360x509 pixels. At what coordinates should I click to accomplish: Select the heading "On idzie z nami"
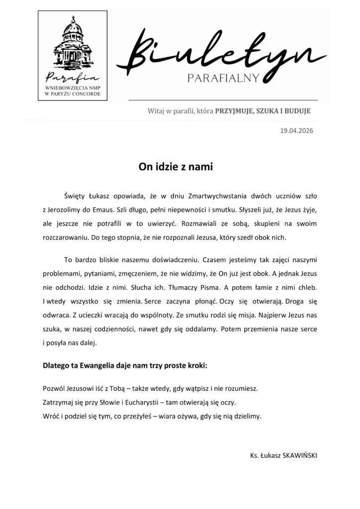[175, 168]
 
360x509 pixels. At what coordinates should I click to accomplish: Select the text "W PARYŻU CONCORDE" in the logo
[73, 92]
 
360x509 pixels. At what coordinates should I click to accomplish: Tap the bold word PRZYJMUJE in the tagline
[232, 111]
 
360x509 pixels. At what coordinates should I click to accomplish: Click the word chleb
[306, 287]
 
